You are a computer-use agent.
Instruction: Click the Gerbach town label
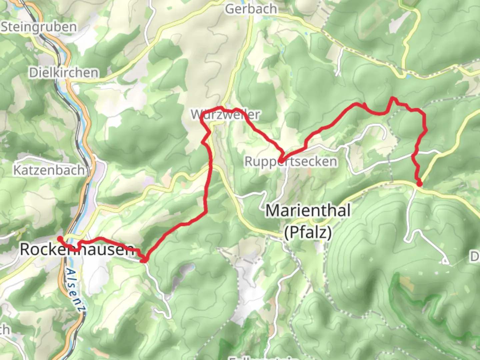(x=251, y=9)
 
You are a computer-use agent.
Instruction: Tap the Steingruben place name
(x=39, y=27)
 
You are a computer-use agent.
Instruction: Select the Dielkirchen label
(x=64, y=72)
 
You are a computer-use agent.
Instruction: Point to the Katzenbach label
(x=49, y=170)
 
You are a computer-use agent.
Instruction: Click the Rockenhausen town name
(x=77, y=249)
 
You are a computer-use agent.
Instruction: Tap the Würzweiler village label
(x=225, y=114)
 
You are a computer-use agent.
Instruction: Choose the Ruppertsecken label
(x=291, y=162)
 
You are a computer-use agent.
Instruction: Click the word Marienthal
(x=308, y=211)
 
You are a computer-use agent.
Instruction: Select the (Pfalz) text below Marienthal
(x=308, y=232)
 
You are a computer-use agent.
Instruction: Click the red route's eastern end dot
(x=419, y=183)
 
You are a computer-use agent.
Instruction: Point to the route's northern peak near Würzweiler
(x=220, y=108)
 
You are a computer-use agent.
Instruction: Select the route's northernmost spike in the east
(x=393, y=98)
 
